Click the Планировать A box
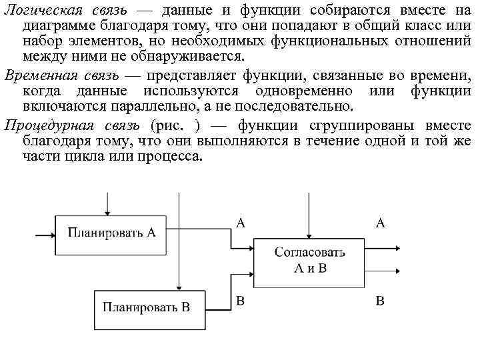(x=112, y=233)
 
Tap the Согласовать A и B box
(x=310, y=260)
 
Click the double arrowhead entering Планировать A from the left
(x=48, y=234)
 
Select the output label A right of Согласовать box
(x=381, y=224)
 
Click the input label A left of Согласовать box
(x=241, y=224)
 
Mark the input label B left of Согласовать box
(x=241, y=301)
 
